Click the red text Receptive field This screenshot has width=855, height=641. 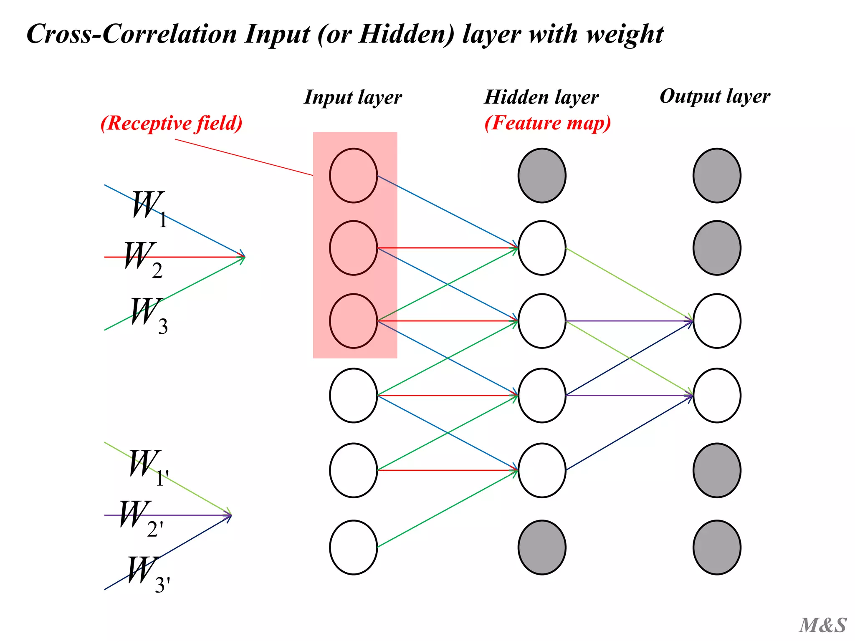tap(171, 123)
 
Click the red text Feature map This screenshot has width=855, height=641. tap(547, 123)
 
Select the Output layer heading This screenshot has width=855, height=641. tap(714, 96)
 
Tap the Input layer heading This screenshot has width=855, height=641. tap(353, 97)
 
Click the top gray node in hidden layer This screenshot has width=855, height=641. tap(541, 175)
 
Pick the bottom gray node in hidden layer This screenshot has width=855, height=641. tap(541, 547)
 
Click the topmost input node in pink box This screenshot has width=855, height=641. tap(353, 175)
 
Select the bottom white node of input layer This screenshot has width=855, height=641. tap(353, 547)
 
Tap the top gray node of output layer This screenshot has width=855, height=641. tap(716, 175)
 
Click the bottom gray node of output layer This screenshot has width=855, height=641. tap(716, 547)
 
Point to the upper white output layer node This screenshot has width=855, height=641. tap(716, 320)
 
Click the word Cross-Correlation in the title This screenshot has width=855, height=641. tap(132, 34)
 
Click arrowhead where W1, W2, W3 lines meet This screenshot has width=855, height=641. tap(243, 257)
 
